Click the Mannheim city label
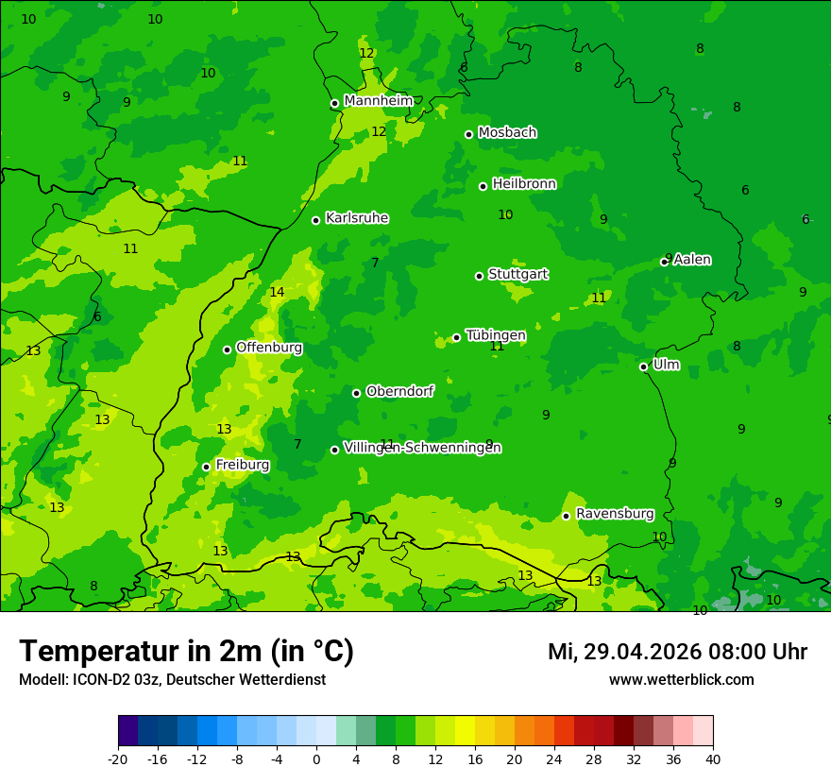tap(378, 101)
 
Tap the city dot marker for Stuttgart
tap(479, 276)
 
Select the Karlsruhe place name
tap(356, 218)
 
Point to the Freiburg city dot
tap(206, 467)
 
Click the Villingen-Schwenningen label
tap(422, 448)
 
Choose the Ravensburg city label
tap(614, 514)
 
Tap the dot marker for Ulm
tap(643, 366)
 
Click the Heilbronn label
tap(524, 184)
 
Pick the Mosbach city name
tap(507, 133)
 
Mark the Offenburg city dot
tap(227, 349)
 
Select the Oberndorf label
tap(399, 391)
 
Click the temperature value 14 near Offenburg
tap(277, 292)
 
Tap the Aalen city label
tap(692, 260)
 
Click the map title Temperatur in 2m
tap(186, 651)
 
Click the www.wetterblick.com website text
tap(681, 679)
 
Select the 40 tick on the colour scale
tap(713, 758)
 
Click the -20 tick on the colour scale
tap(118, 758)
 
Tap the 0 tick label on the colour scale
tap(316, 758)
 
